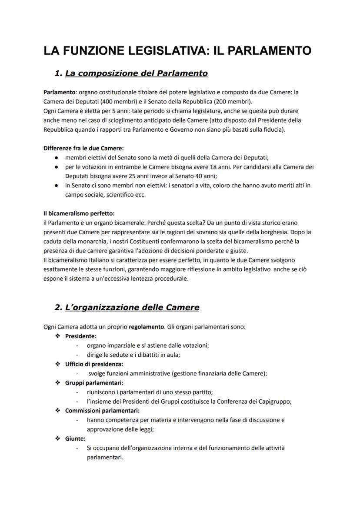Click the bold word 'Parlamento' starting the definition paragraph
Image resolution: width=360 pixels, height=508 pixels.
tap(58, 93)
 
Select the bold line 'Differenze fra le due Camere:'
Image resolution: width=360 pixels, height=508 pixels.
tap(83, 148)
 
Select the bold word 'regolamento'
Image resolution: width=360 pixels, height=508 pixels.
tap(147, 326)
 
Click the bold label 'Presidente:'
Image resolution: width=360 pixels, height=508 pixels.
tap(81, 336)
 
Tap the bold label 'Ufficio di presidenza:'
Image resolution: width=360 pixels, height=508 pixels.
tap(94, 364)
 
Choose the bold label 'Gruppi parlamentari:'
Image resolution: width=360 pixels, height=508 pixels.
tap(94, 383)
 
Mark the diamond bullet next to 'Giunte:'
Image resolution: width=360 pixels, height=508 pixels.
tap(57, 439)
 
